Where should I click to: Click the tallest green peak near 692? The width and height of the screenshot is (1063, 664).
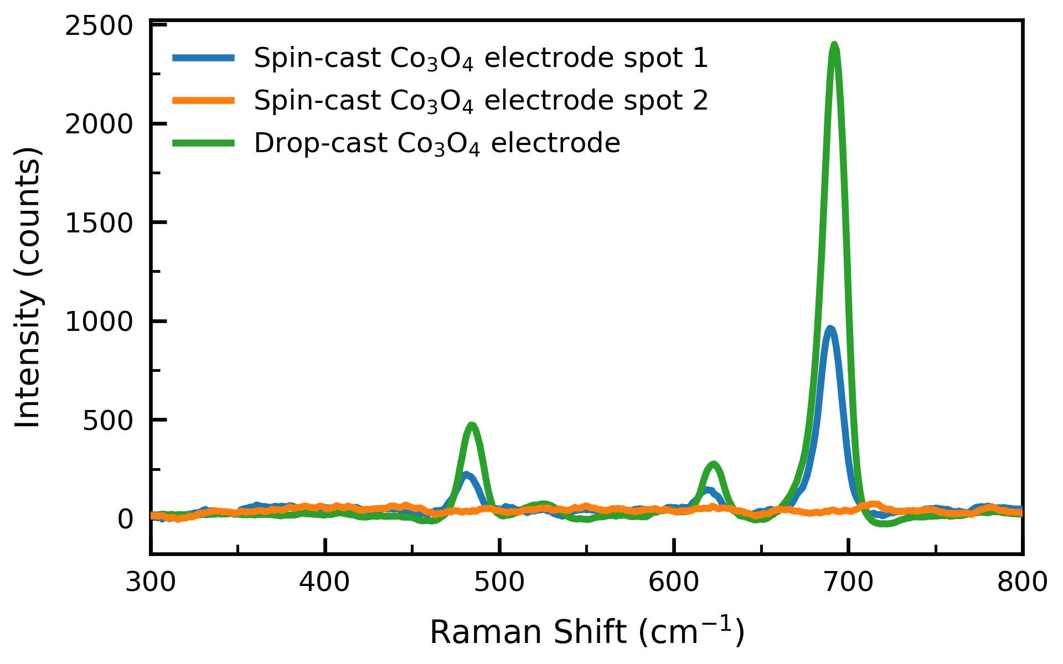tap(834, 45)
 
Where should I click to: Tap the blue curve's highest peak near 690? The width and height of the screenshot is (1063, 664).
tap(829, 330)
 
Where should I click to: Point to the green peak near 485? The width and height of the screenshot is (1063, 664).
tap(472, 426)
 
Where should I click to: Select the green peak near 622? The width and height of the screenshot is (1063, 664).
tap(714, 464)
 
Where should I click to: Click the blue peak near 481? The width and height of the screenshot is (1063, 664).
tap(466, 475)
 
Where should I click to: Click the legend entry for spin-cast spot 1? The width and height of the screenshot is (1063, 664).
tap(481, 58)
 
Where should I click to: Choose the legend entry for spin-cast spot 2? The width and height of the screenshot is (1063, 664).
tap(481, 101)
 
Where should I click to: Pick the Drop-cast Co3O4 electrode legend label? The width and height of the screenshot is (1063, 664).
tap(437, 143)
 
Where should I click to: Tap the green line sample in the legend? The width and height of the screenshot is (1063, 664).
tap(203, 143)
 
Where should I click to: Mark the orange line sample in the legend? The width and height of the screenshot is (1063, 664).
tap(203, 101)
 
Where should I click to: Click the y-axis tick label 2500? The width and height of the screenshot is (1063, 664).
tap(99, 26)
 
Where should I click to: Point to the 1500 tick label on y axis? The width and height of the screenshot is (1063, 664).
tap(99, 223)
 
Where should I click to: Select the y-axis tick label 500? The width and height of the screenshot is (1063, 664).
tap(108, 421)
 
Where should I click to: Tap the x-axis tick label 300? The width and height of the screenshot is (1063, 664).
tap(151, 583)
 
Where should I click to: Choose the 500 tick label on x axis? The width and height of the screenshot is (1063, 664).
tap(499, 583)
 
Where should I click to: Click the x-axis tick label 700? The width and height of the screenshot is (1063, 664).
tap(848, 583)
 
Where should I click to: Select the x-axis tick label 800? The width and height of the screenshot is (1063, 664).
tap(1022, 583)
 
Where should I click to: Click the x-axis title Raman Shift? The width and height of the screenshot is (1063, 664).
tap(587, 632)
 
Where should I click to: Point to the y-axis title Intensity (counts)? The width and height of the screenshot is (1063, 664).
tap(28, 288)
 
